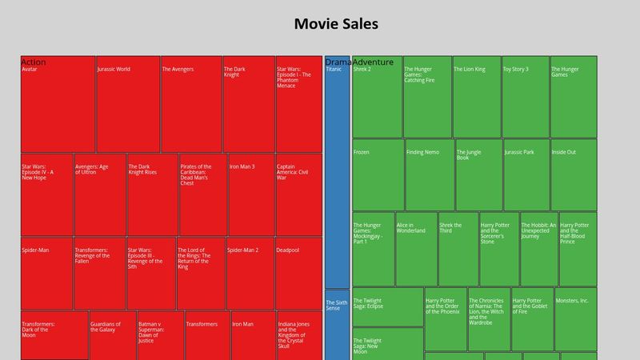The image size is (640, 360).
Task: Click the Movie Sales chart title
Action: point(336,24)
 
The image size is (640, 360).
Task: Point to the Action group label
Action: point(34,62)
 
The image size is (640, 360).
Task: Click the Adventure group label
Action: point(373,62)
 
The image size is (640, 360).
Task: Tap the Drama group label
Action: point(338,62)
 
